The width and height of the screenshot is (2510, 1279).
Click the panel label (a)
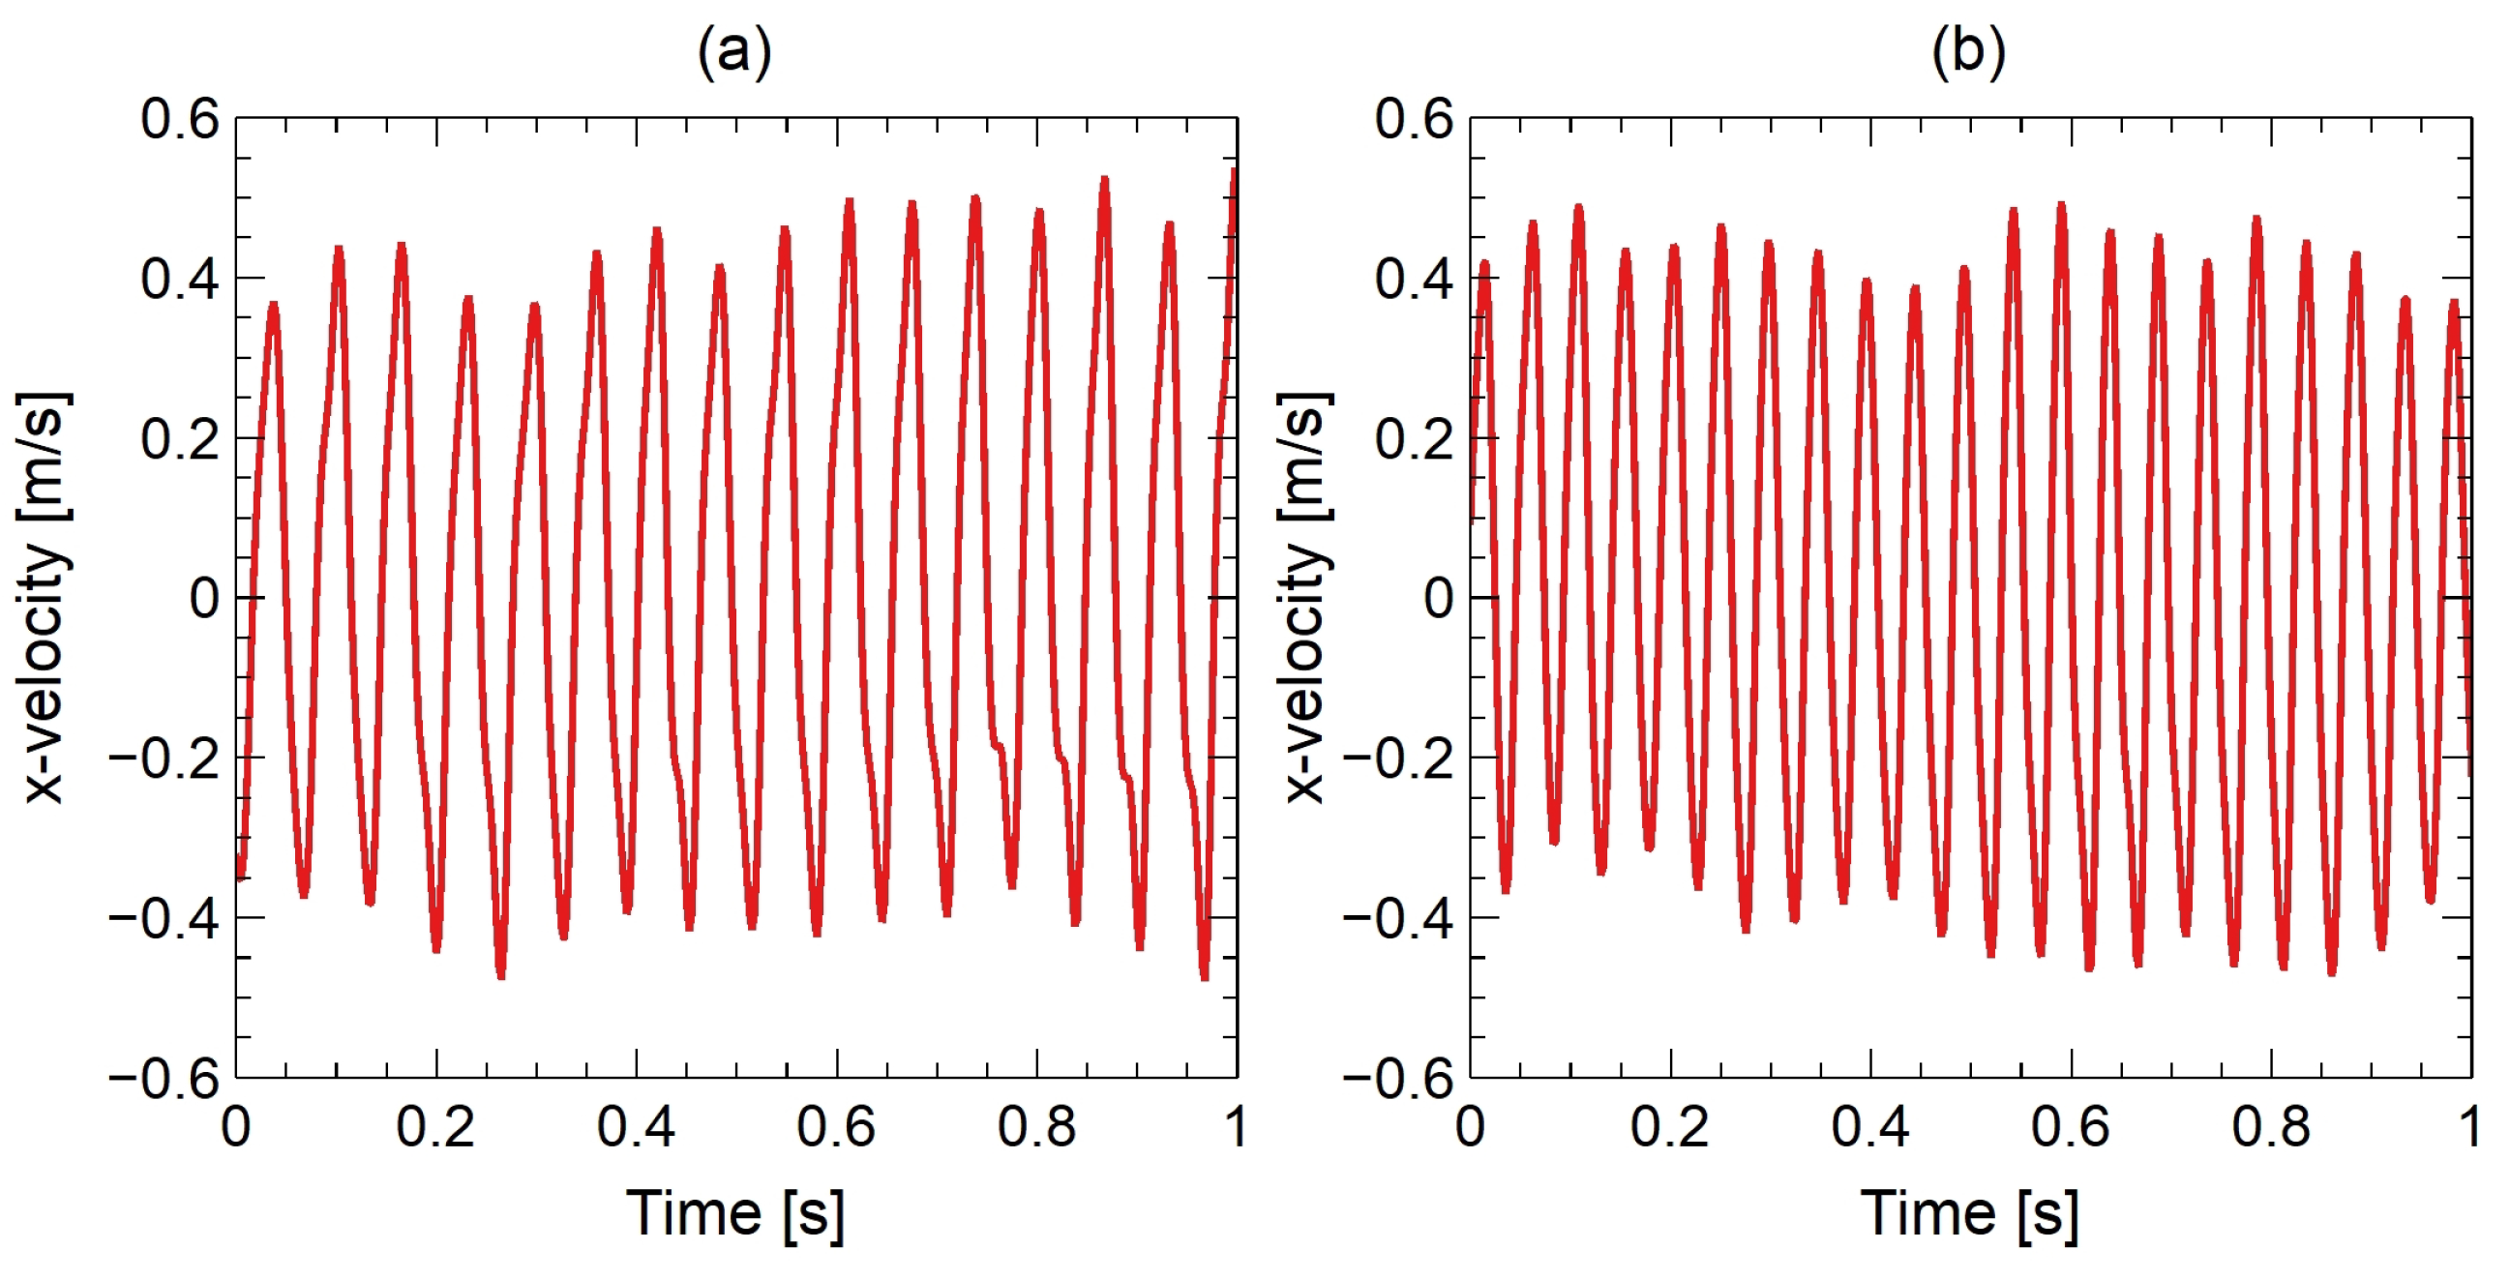pyautogui.click(x=734, y=50)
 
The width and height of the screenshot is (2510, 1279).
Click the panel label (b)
pyautogui.click(x=1968, y=50)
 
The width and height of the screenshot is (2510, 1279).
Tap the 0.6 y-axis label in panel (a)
pyautogui.click(x=180, y=120)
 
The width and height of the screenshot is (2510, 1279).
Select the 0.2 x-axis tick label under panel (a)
pyautogui.click(x=435, y=1127)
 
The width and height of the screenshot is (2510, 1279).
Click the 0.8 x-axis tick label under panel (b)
pyautogui.click(x=2270, y=1127)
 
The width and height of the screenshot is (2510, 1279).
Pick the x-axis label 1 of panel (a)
pyautogui.click(x=1236, y=1127)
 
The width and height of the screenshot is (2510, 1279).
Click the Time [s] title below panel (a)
pyautogui.click(x=734, y=1214)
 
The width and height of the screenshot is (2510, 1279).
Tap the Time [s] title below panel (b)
pyautogui.click(x=1969, y=1214)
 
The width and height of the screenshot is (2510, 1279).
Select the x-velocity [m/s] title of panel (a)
pyautogui.click(x=44, y=597)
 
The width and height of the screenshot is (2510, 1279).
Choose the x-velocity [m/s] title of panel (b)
pyautogui.click(x=1303, y=597)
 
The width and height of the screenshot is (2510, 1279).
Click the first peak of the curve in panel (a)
pyautogui.click(x=274, y=305)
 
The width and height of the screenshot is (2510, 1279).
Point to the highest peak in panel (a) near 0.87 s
pyautogui.click(x=1104, y=180)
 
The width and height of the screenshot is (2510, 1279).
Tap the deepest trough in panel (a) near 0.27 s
pyautogui.click(x=501, y=974)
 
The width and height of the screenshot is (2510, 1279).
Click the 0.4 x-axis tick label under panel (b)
pyautogui.click(x=1869, y=1127)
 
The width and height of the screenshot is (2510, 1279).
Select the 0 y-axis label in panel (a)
pyautogui.click(x=204, y=598)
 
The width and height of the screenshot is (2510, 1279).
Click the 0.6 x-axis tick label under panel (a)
pyautogui.click(x=836, y=1127)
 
